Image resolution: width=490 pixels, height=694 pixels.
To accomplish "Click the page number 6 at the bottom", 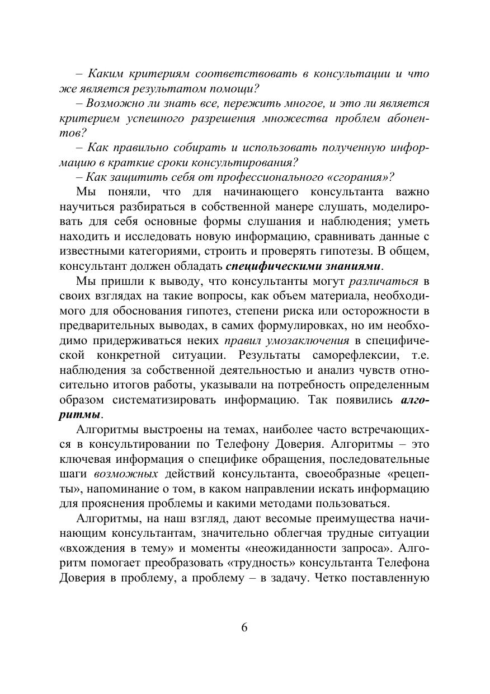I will pyautogui.click(x=244, y=627).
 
